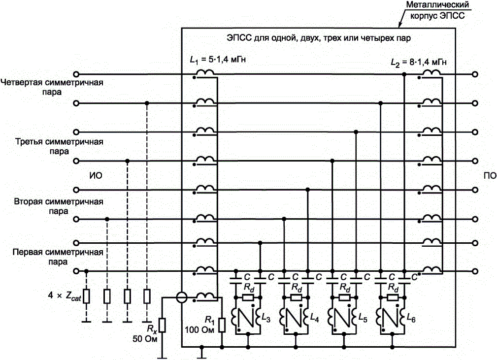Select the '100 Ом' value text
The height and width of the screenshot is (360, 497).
tap(199, 329)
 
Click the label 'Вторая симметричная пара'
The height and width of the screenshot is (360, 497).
tap(59, 206)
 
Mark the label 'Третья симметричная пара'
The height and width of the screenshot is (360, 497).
tap(59, 146)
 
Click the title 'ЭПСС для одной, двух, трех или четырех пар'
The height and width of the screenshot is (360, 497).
tap(319, 38)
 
